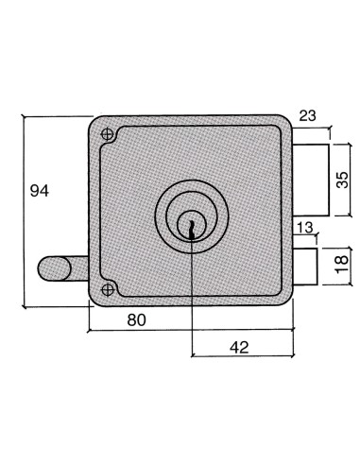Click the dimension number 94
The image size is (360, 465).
[39, 191]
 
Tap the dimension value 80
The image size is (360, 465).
[136, 320]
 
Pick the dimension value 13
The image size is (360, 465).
[303, 228]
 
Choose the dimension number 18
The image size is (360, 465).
[342, 262]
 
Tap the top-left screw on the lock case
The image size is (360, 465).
[109, 135]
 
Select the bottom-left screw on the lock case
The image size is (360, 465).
[109, 288]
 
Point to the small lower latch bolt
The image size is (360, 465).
[304, 263]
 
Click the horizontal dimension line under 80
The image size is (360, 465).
[189, 333]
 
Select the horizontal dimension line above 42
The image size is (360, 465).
[246, 358]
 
